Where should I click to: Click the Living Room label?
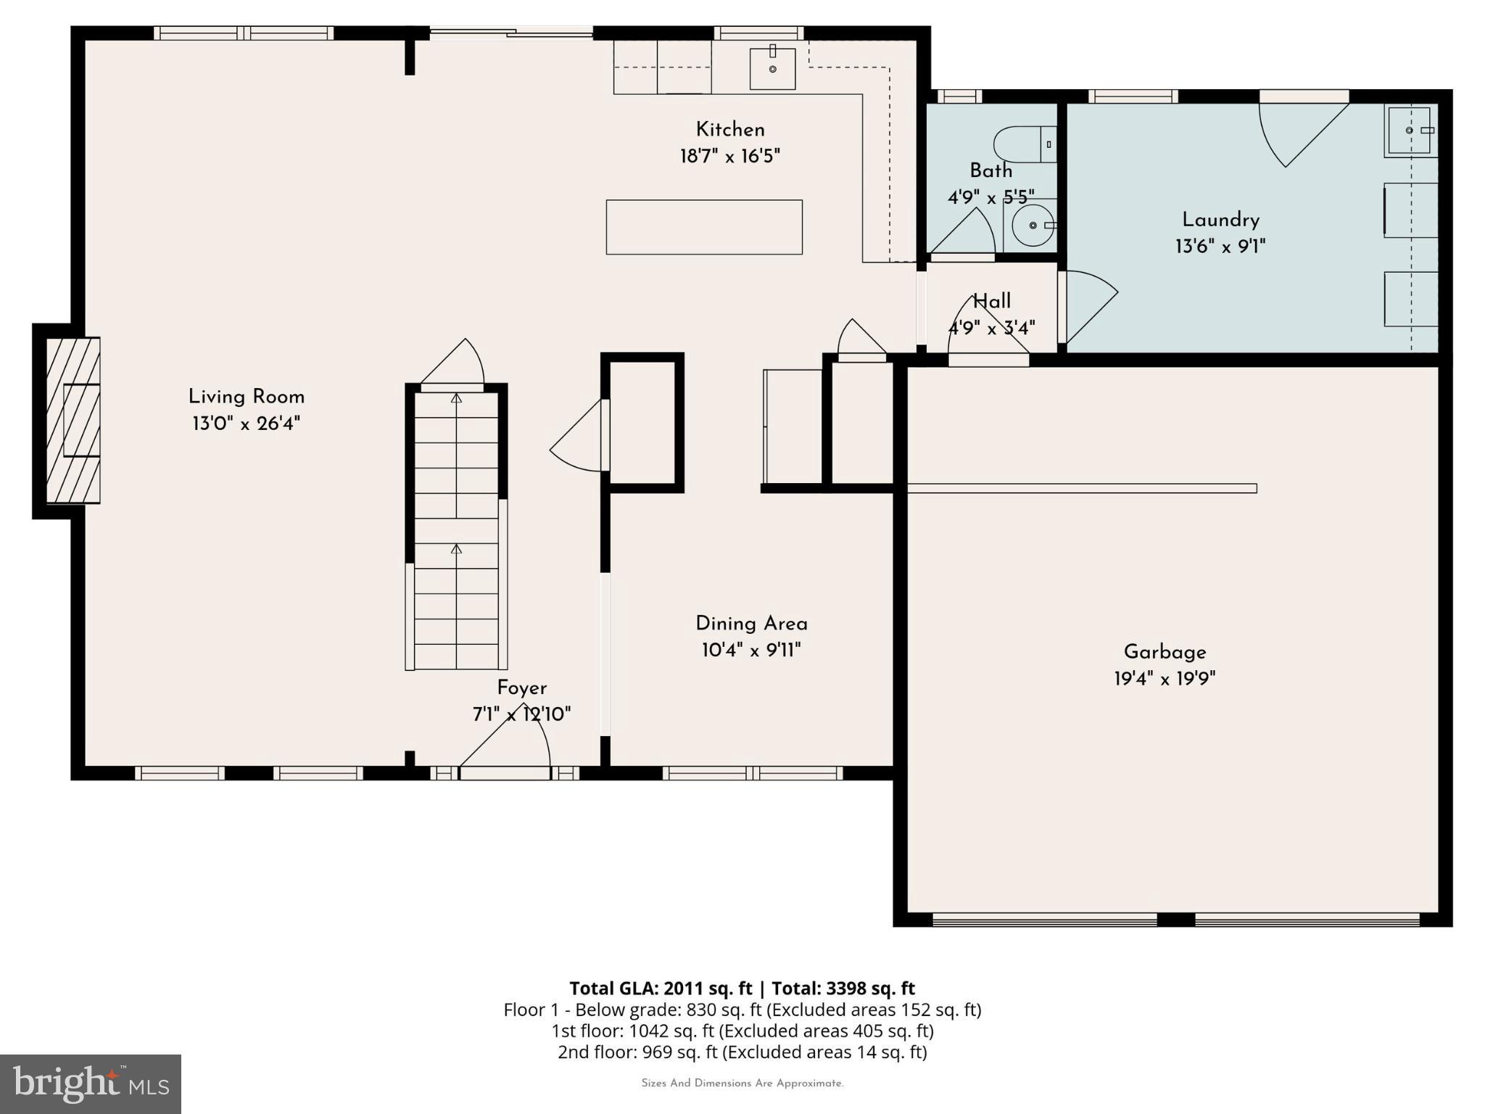tap(247, 397)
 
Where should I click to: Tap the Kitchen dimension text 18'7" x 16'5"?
tap(730, 156)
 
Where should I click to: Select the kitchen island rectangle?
tap(704, 227)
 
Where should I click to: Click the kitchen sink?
tap(772, 68)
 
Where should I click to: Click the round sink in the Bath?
tap(1033, 225)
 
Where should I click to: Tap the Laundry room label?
tap(1221, 220)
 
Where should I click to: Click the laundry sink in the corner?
tap(1410, 131)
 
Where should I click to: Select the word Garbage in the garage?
tap(1165, 653)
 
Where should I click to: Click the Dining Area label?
tap(751, 624)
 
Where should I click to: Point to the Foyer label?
tap(522, 688)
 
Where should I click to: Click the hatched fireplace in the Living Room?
tap(73, 421)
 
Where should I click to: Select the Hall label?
tap(992, 301)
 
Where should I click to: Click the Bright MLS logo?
tap(91, 1084)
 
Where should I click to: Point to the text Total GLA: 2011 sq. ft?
tap(661, 989)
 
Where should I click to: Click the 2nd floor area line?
tap(742, 1052)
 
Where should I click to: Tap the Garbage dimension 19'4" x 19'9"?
tap(1165, 679)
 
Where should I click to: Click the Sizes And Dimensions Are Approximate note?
tap(742, 1084)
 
